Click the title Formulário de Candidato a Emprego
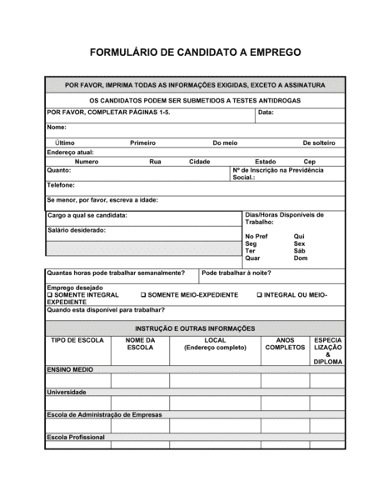[194, 52]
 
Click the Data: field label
[266, 112]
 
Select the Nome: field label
[57, 128]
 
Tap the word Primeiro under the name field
[142, 143]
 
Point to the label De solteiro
[318, 143]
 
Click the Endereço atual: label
[71, 153]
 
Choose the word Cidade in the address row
[200, 162]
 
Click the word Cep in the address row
[309, 162]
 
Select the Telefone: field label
[61, 185]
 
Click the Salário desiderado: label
[77, 229]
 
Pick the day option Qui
[300, 236]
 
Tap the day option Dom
[301, 258]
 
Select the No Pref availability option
[256, 236]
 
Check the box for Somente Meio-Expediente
[143, 295]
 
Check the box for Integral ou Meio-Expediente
[260, 295]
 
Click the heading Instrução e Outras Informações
[196, 328]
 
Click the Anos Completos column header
[285, 344]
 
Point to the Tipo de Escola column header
[77, 341]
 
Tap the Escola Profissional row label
[76, 437]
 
